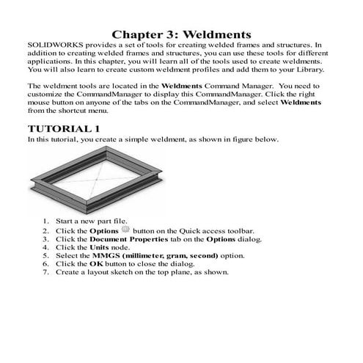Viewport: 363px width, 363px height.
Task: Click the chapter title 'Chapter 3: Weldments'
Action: pyautogui.click(x=181, y=34)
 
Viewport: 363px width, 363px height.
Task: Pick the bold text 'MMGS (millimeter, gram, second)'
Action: pyautogui.click(x=143, y=255)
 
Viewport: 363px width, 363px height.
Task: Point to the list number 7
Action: pyautogui.click(x=45, y=272)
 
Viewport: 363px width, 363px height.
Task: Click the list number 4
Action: pyautogui.click(x=45, y=247)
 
